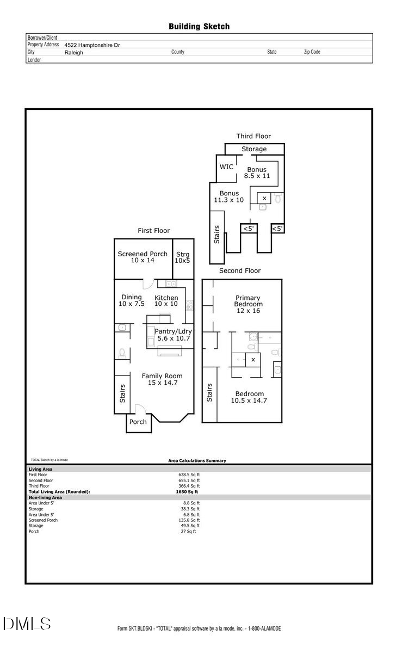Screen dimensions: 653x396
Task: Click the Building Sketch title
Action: (199, 26)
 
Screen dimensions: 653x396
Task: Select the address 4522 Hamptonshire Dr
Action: (92, 45)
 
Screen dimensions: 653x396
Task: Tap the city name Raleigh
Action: (73, 53)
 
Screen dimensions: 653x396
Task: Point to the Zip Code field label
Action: (312, 52)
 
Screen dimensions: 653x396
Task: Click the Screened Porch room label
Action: (143, 257)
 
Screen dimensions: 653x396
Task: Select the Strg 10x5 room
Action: (182, 257)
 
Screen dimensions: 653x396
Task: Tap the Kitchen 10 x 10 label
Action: (166, 300)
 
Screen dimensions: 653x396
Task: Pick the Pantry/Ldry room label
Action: (173, 334)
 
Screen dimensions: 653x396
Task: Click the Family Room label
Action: (162, 379)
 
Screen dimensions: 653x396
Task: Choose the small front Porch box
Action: (138, 422)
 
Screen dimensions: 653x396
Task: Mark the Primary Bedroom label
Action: (248, 304)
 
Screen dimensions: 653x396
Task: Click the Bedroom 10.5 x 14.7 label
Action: (249, 397)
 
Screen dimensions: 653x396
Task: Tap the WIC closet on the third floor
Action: (226, 167)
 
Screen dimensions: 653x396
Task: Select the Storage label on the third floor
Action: (254, 149)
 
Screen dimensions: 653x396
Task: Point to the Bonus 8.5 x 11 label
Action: (257, 173)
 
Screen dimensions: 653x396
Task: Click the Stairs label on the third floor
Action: (216, 235)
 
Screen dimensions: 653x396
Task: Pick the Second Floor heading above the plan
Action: (239, 270)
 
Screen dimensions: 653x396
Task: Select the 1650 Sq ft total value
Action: (183, 491)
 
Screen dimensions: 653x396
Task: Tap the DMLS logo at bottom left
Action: (27, 624)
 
